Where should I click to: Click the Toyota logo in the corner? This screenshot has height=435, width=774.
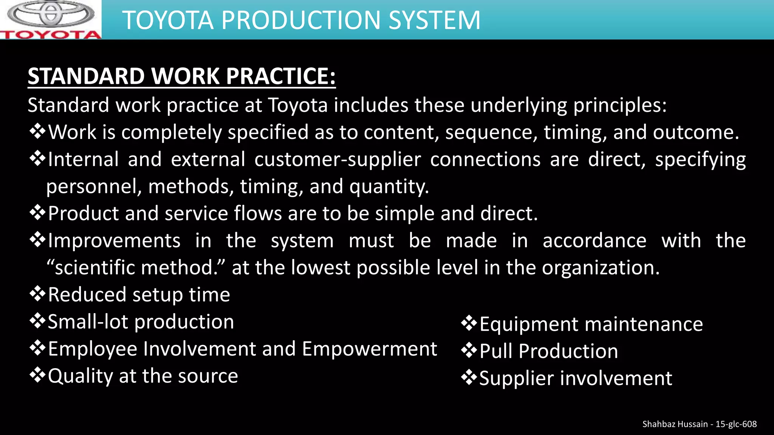(51, 20)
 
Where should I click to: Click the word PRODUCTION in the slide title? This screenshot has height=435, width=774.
(301, 20)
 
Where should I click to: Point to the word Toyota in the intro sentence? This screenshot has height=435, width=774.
(298, 105)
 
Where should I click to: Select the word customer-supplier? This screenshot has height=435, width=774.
(337, 159)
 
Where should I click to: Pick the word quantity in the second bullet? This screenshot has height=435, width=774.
(389, 187)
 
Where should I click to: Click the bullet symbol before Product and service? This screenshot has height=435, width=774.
(37, 213)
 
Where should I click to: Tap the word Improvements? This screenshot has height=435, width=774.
(114, 241)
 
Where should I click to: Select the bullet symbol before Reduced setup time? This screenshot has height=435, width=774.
(37, 294)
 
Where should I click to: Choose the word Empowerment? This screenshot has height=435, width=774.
(369, 349)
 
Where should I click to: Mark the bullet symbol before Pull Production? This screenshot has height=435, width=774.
(469, 351)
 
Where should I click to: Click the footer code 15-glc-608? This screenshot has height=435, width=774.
(736, 424)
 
